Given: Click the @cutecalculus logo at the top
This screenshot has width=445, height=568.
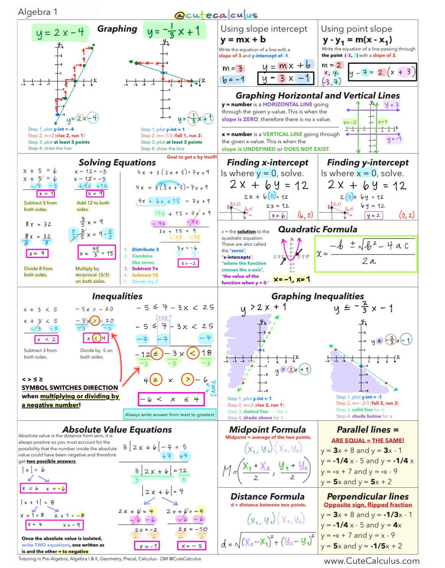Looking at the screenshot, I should (x=215, y=15).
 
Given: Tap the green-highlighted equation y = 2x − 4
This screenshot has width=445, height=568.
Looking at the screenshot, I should (x=60, y=33).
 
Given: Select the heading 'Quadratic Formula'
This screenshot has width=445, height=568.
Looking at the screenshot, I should (x=317, y=229).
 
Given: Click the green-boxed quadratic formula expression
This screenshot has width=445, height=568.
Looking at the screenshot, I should (x=365, y=254).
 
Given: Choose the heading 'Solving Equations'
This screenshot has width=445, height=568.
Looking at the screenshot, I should (x=117, y=162).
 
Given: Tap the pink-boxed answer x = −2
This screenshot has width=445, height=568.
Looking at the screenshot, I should (x=188, y=263).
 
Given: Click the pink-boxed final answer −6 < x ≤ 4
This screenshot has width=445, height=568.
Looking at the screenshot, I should (x=171, y=399).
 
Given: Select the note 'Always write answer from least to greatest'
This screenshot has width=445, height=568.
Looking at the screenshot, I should (x=170, y=414).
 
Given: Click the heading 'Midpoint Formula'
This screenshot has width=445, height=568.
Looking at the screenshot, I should (x=267, y=430).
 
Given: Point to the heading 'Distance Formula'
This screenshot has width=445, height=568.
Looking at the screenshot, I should (x=267, y=497).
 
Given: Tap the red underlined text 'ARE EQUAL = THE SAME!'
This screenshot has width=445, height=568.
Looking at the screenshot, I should (x=367, y=440).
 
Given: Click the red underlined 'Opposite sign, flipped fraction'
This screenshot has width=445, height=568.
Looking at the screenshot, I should (x=367, y=505).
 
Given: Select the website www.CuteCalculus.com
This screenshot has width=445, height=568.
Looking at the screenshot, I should (x=371, y=561).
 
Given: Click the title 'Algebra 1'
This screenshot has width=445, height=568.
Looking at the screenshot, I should (x=37, y=12).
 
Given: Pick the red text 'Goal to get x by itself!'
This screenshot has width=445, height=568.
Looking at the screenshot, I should (x=192, y=157).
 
